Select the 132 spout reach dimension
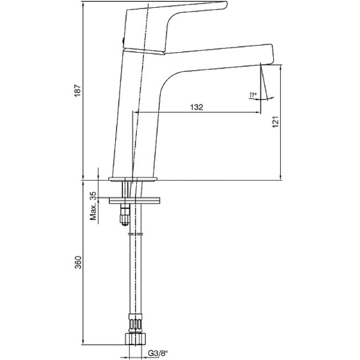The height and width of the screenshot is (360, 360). (x=196, y=107)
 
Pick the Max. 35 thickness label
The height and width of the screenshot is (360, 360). (x=93, y=206)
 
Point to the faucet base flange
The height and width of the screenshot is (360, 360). (x=133, y=179)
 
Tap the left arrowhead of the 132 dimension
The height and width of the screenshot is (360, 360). (x=136, y=112)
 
